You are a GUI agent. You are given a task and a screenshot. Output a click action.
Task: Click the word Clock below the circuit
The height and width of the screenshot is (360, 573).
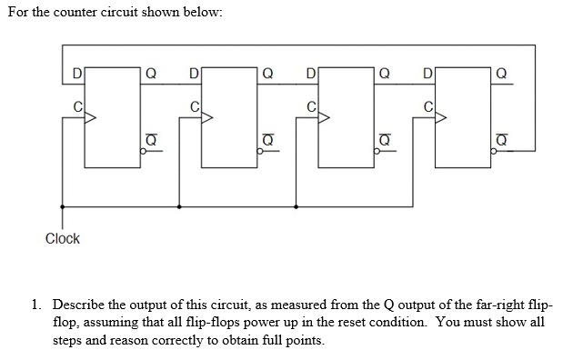pyautogui.click(x=63, y=239)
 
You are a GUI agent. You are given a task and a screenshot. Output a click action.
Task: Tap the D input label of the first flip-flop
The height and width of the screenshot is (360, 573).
pyautogui.click(x=77, y=72)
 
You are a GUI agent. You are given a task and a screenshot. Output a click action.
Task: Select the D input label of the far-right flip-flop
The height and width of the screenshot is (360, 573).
pyautogui.click(x=428, y=72)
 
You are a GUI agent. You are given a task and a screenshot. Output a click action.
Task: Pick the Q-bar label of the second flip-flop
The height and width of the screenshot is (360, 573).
pyautogui.click(x=266, y=139)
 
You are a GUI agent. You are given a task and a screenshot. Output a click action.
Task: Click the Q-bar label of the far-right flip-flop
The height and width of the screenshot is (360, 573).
pyautogui.click(x=501, y=139)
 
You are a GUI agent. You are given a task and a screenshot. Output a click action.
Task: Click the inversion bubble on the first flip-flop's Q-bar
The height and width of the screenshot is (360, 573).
pyautogui.click(x=141, y=153)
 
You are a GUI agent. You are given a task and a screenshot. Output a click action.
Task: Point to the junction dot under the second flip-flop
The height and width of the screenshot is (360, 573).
pyautogui.click(x=179, y=206)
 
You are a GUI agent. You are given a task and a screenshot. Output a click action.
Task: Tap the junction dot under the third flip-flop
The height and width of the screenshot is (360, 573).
pyautogui.click(x=296, y=206)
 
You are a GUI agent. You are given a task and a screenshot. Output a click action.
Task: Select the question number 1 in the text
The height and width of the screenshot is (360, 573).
pyautogui.click(x=36, y=306)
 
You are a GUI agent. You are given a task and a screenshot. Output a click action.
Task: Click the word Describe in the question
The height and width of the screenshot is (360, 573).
pyautogui.click(x=81, y=306)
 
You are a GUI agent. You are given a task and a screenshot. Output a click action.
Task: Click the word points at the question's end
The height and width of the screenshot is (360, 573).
pyautogui.click(x=302, y=340)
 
